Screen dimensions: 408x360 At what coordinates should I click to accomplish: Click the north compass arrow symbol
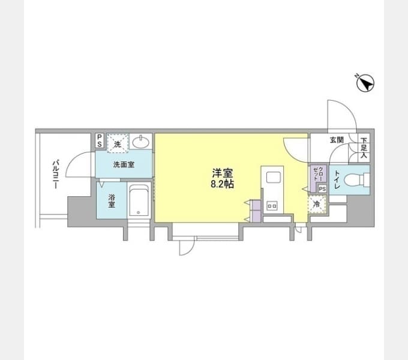pos(365,83)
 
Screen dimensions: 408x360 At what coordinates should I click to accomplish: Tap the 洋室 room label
pos(222,173)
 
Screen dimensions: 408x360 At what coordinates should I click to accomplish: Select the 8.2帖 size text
pos(222,184)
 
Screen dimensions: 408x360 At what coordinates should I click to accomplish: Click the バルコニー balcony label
pos(55,174)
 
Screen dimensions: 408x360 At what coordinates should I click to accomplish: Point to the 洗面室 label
pos(124,164)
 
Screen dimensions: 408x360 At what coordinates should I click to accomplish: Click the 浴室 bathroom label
pos(112,201)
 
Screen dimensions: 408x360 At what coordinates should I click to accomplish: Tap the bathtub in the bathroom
pos(139,200)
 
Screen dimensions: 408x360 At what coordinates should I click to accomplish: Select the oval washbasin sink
pos(141,142)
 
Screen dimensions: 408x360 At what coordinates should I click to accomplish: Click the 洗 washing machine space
pos(118,143)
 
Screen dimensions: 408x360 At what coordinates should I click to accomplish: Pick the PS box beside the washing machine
pos(99,141)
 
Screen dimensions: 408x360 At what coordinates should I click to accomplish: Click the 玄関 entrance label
pos(337,140)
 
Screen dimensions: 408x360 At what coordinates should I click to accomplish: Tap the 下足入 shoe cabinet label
pos(364,148)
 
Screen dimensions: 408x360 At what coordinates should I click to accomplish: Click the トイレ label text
pos(337,179)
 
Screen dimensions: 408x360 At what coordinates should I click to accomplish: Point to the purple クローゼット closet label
pos(319,173)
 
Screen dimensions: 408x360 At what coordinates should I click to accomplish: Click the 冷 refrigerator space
pos(317,205)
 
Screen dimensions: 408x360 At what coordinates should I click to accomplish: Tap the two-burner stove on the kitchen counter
pos(272,206)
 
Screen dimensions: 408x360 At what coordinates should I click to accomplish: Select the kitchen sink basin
pos(273,178)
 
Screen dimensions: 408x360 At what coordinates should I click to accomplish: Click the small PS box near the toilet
pos(322,189)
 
